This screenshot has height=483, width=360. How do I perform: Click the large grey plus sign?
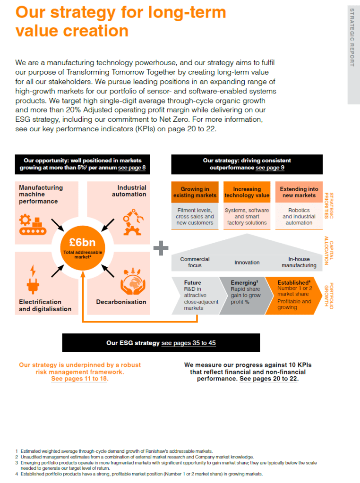pos(161,248)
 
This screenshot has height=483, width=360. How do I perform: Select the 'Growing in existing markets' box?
pos(195,192)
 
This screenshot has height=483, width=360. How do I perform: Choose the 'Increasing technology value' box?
pos(247,192)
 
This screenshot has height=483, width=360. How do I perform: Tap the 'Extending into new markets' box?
pos(299,192)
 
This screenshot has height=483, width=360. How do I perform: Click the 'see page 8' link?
pos(132,168)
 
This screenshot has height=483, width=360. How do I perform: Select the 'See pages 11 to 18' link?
pos(79,379)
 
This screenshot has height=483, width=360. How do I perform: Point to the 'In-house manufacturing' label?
pos(299,262)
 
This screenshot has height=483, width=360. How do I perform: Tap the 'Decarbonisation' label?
pos(121,302)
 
